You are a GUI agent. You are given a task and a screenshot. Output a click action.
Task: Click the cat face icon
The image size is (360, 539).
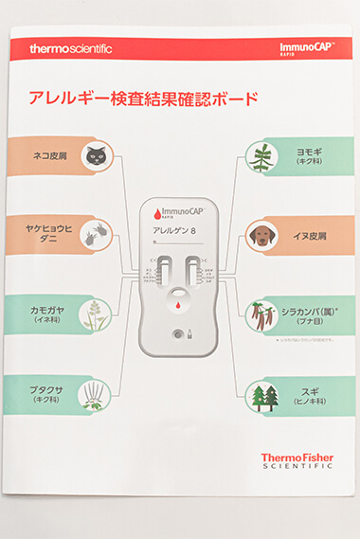click(94, 157)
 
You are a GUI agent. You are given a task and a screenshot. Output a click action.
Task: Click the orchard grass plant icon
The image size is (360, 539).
click(94, 314)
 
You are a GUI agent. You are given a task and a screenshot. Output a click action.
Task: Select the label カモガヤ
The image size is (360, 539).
click(45, 310)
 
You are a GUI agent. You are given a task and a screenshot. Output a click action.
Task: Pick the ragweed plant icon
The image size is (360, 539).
click(94, 392)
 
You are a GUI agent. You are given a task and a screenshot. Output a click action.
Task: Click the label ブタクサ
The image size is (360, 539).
click(45, 387)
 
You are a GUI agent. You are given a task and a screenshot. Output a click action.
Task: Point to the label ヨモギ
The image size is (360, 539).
click(311, 150)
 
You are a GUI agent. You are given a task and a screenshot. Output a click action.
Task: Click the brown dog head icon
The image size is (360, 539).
click(261, 235)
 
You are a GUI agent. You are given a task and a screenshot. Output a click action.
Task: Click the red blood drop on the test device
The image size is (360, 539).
click(177, 305)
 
